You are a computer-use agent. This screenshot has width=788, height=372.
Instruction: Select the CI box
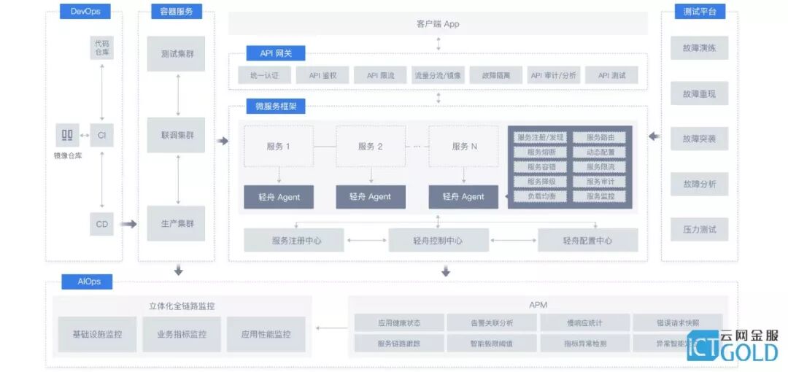tap(102, 135)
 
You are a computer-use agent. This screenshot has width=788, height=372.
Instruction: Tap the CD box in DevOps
tap(102, 224)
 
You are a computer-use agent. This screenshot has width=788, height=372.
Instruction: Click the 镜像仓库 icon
tap(68, 135)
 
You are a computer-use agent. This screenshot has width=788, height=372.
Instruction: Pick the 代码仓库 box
tap(102, 48)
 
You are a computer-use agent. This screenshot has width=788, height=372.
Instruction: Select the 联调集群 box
tap(176, 135)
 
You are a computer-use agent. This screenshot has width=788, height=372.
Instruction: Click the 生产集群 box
tap(176, 224)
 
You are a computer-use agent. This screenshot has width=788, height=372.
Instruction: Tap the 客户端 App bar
tap(438, 24)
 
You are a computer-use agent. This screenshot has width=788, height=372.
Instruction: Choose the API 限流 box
tap(381, 75)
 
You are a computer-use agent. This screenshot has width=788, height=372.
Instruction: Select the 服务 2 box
tap(371, 146)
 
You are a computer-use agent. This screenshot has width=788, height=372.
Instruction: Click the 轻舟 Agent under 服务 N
tap(463, 197)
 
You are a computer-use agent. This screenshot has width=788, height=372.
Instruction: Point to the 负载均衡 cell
tap(536, 196)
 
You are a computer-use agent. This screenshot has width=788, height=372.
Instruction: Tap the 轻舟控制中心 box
tap(438, 240)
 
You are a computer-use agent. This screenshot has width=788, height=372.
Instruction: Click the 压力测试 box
tap(700, 229)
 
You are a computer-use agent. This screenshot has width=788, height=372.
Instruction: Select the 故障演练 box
tap(700, 48)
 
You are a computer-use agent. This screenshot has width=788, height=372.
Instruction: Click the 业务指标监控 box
tap(182, 334)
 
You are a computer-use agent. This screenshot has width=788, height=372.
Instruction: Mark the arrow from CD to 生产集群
tap(128, 224)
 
